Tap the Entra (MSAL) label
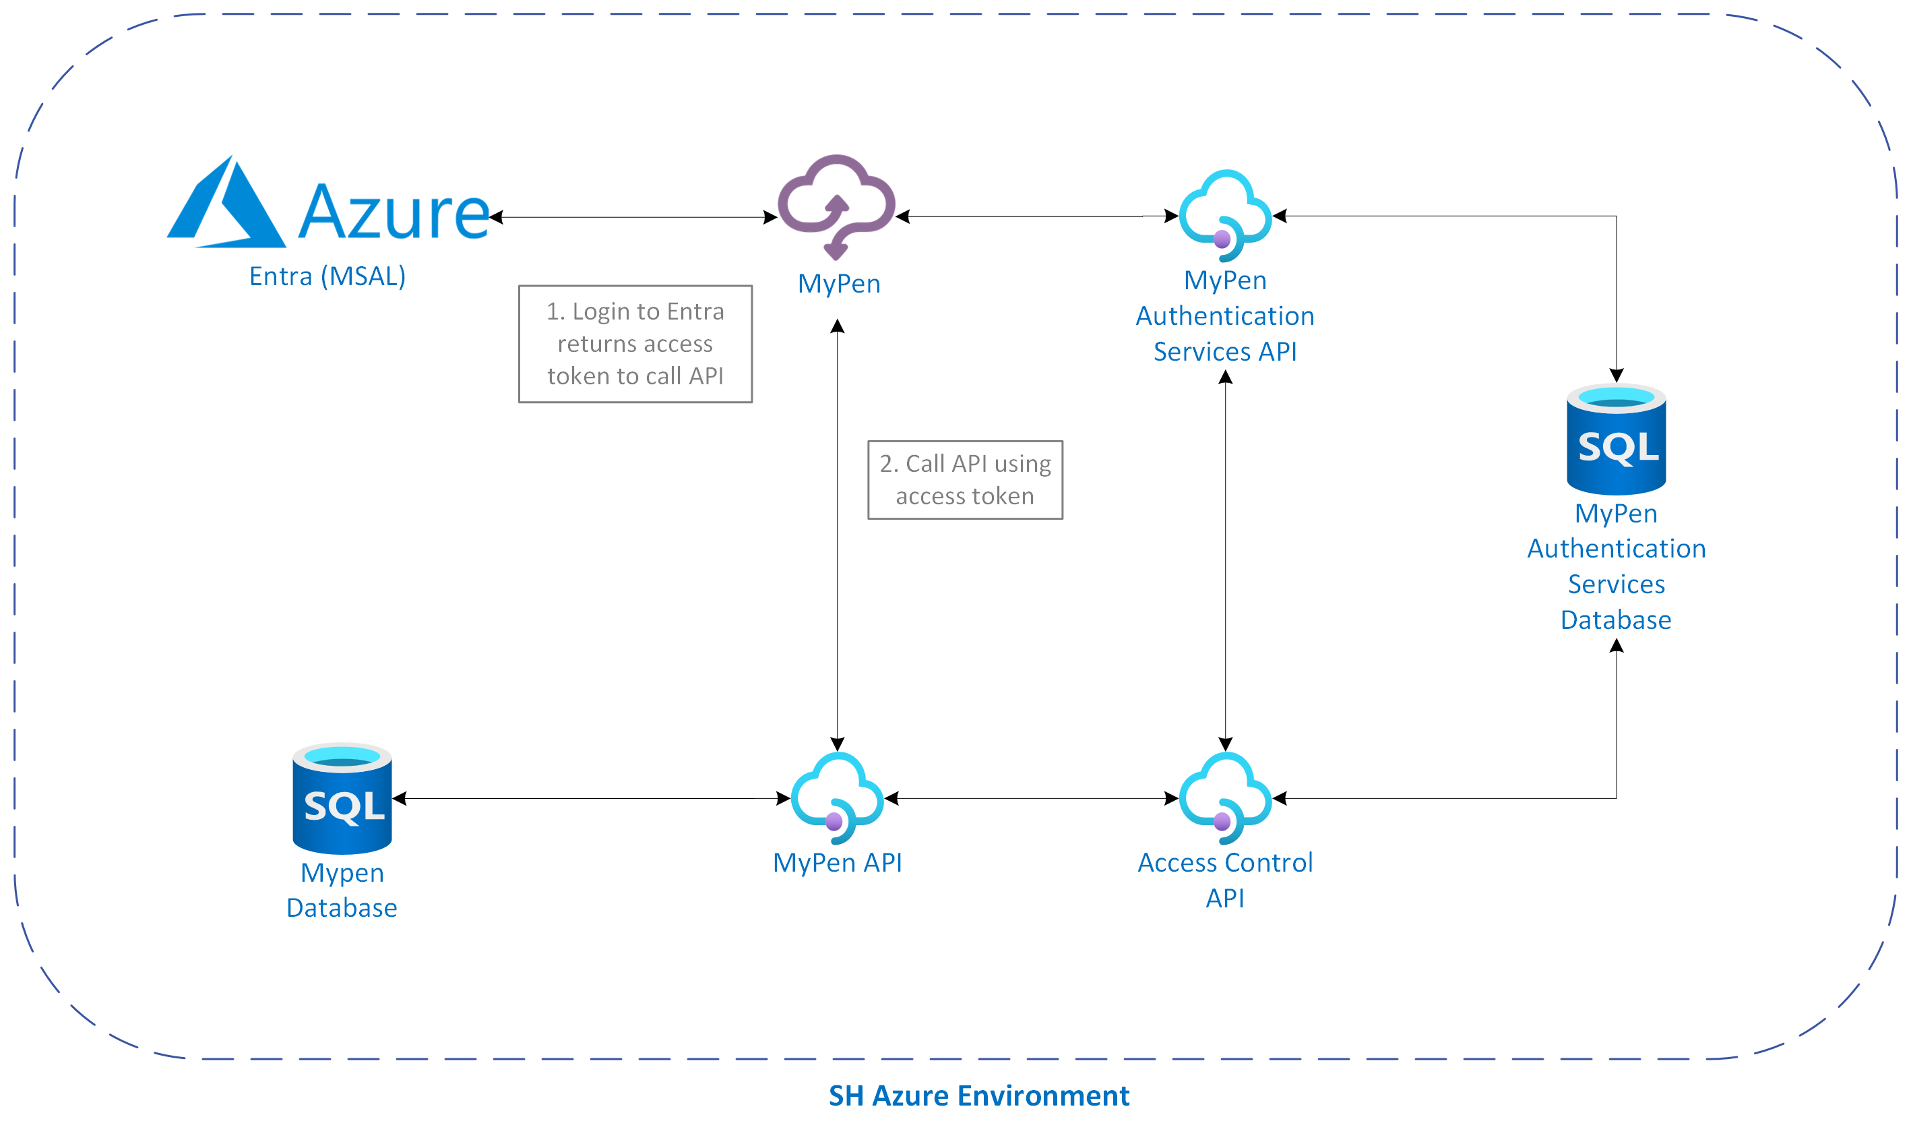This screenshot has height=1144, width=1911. (x=327, y=276)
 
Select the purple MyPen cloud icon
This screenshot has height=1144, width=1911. (x=837, y=205)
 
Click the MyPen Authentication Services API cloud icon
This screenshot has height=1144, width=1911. (x=1225, y=214)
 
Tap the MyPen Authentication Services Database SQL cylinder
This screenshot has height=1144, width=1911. (x=1616, y=439)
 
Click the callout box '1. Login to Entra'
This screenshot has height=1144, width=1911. (x=635, y=344)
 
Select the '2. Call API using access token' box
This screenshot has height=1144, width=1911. (x=965, y=479)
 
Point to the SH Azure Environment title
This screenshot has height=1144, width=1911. (x=978, y=1095)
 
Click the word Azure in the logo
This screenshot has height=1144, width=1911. (x=393, y=211)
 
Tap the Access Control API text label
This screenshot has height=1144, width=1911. (x=1225, y=880)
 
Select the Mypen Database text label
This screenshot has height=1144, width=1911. (x=342, y=890)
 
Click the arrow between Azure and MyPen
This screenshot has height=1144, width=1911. (x=633, y=217)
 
